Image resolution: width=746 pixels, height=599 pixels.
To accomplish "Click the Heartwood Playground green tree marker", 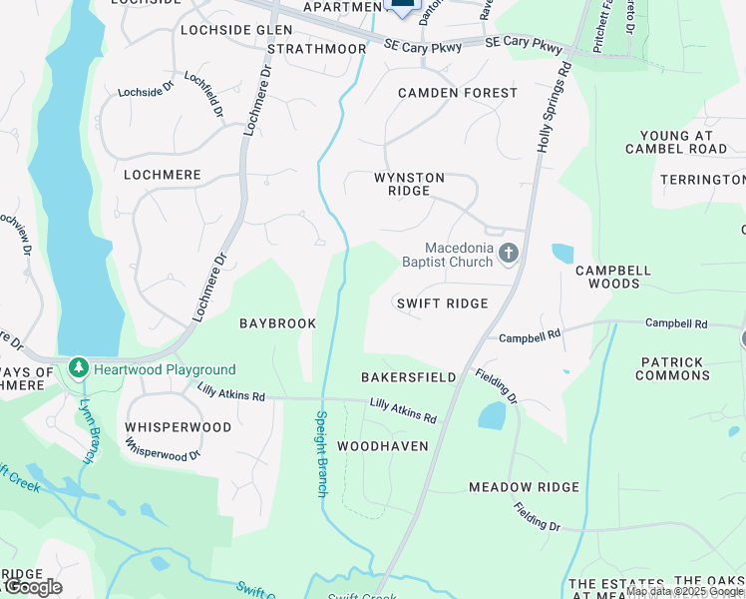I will point(79,369).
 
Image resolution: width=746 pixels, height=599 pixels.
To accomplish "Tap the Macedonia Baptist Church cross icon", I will point(509,254).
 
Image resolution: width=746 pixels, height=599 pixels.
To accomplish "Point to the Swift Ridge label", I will point(442,303).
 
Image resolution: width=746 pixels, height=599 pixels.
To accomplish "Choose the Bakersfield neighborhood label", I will point(408,377).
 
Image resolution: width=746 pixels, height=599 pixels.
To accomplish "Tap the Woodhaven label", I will point(383,446).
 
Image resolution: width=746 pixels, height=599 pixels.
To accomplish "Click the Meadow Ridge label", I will point(524,487).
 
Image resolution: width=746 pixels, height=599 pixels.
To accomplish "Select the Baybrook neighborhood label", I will point(277,323).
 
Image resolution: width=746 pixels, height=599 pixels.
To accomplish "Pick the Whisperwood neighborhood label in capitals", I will point(178,427).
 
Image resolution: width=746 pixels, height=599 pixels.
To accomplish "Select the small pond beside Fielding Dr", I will point(492,415).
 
